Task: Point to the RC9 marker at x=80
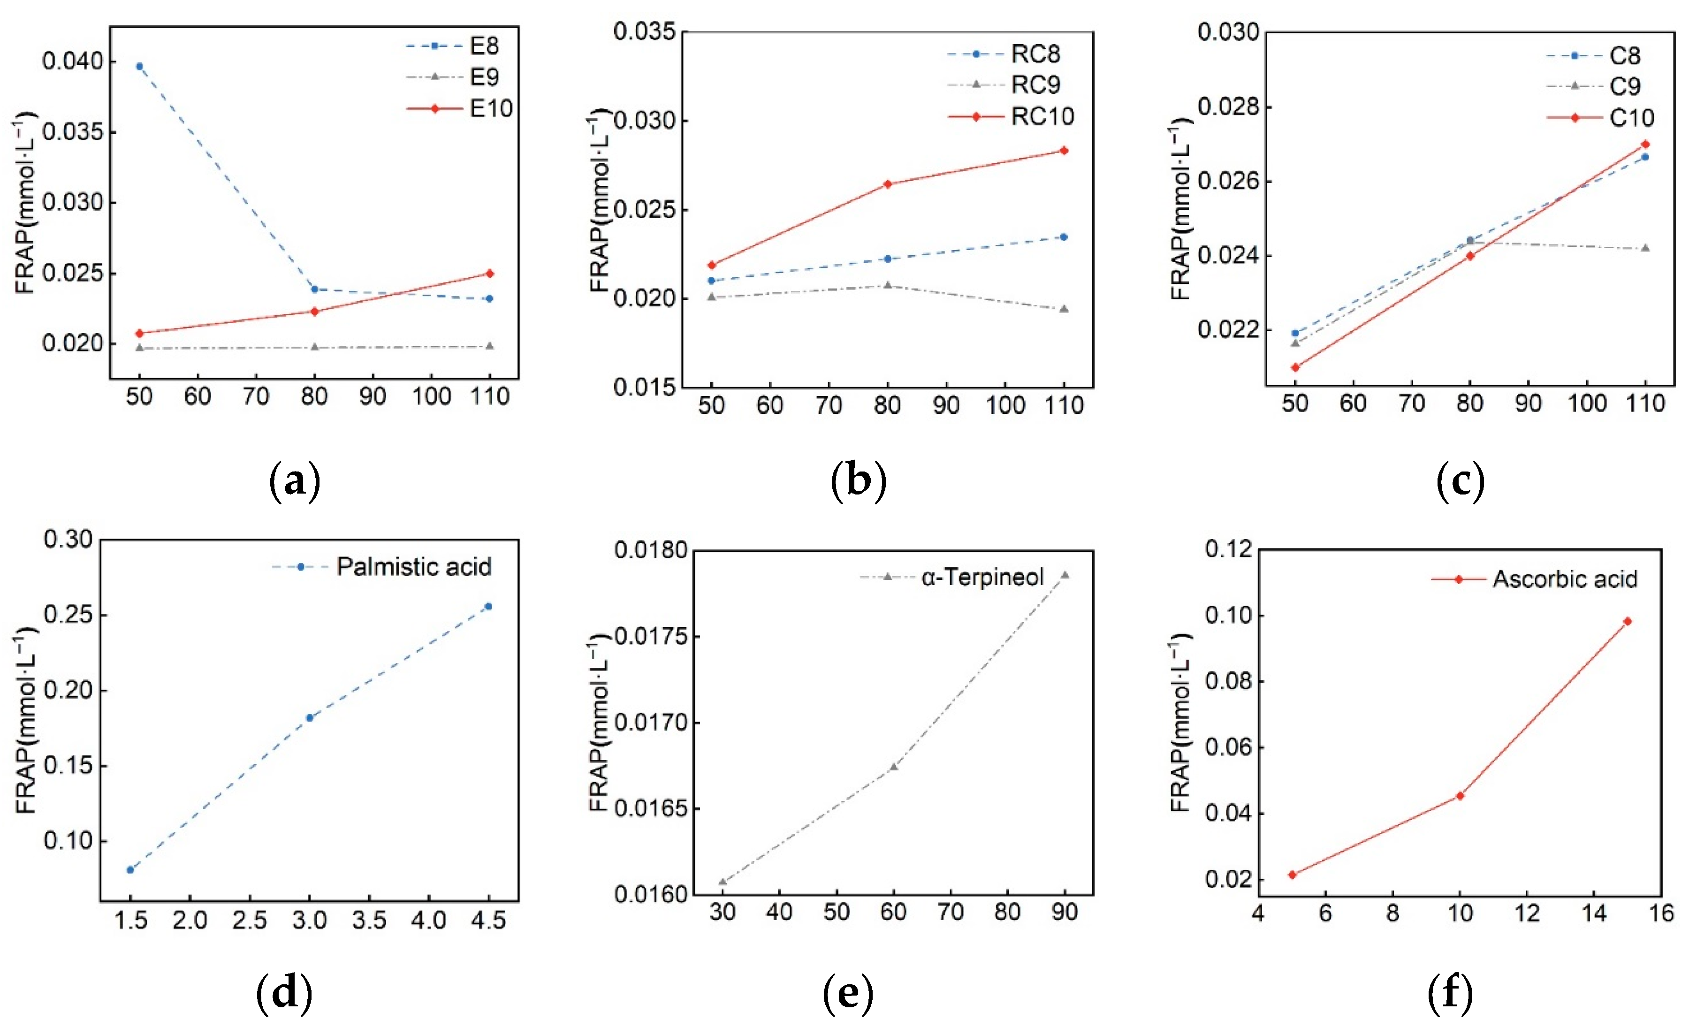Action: click(887, 285)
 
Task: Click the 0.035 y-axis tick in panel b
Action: click(644, 32)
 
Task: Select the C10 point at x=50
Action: click(1295, 367)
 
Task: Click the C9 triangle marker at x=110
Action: click(1645, 248)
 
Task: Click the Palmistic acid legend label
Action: click(413, 567)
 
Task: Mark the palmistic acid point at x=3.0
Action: click(309, 718)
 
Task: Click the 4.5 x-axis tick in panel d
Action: click(488, 920)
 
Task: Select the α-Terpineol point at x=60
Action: click(893, 767)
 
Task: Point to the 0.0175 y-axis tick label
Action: click(644, 637)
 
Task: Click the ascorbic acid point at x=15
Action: click(1628, 622)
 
